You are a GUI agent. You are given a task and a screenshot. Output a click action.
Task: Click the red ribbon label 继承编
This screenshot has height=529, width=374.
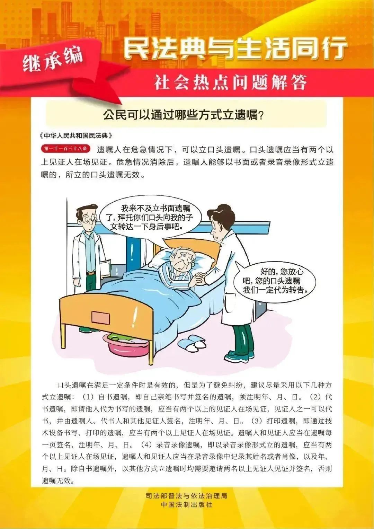click(53, 58)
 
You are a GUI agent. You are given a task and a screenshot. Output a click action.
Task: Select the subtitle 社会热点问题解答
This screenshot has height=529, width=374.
click(231, 83)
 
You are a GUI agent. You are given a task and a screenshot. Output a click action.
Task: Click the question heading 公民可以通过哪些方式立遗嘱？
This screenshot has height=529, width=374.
click(184, 115)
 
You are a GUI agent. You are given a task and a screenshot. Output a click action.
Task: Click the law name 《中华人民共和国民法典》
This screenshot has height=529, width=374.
click(76, 135)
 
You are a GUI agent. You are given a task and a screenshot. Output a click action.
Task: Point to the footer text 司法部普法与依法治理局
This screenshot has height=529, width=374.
click(186, 496)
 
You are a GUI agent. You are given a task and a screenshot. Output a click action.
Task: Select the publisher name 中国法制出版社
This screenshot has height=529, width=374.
click(186, 505)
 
